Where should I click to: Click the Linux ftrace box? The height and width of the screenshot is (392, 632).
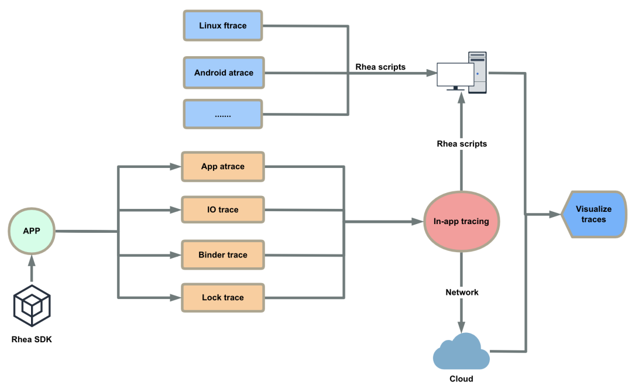click(x=223, y=26)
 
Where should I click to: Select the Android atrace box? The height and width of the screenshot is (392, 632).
click(x=224, y=73)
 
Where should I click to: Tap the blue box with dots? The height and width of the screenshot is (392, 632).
click(x=223, y=115)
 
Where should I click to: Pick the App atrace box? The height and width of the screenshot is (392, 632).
click(x=223, y=167)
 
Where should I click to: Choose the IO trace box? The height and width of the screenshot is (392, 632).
click(x=223, y=209)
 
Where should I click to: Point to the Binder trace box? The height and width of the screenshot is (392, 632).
click(x=223, y=255)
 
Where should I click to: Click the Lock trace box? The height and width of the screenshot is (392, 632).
click(x=223, y=298)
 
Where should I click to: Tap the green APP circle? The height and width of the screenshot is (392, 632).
click(x=32, y=231)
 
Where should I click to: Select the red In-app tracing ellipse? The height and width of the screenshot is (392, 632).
click(x=461, y=222)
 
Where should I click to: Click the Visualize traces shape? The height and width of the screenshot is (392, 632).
click(x=593, y=214)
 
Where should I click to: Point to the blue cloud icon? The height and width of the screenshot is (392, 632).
click(x=461, y=351)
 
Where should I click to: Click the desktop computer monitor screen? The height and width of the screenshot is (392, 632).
click(x=455, y=74)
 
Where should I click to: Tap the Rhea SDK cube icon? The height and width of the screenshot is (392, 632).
click(x=32, y=305)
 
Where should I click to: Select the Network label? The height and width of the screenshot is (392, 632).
click(x=462, y=292)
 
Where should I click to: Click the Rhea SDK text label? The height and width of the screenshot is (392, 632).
click(x=32, y=339)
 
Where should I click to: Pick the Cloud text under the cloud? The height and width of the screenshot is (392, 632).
click(x=461, y=379)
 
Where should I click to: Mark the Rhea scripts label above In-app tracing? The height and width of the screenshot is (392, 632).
click(x=462, y=143)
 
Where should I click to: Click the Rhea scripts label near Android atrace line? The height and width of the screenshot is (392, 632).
click(x=380, y=67)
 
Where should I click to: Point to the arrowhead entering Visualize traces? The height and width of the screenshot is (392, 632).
click(x=554, y=215)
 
